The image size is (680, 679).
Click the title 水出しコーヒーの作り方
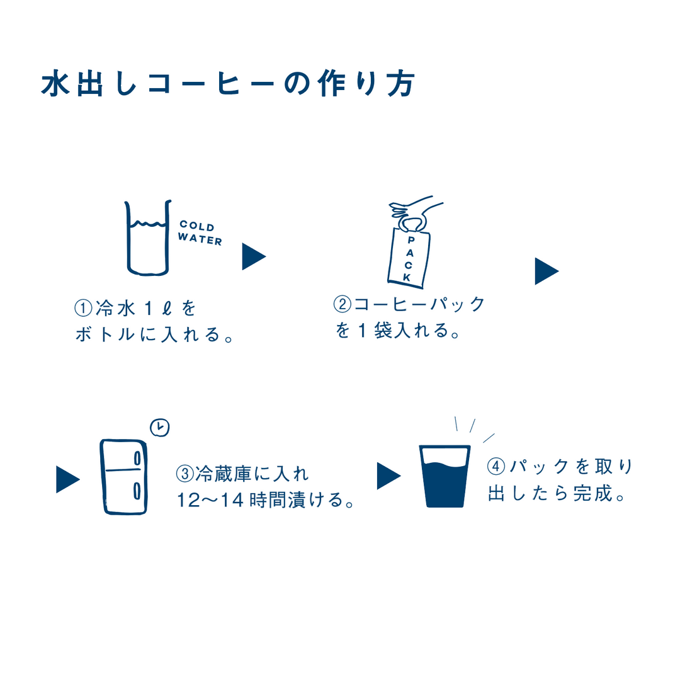(229, 83)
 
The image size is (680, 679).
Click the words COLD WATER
(200, 233)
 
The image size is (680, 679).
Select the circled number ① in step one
(83, 309)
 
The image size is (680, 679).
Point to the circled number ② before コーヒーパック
(342, 304)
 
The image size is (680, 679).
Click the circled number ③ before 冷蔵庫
(184, 474)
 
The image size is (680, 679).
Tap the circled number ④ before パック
(496, 466)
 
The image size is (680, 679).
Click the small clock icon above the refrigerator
(159, 428)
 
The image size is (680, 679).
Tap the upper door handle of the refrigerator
(137, 459)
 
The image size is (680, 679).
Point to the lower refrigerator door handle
(137, 491)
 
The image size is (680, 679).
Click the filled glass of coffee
(445, 476)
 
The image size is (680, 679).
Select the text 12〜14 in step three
(210, 500)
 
